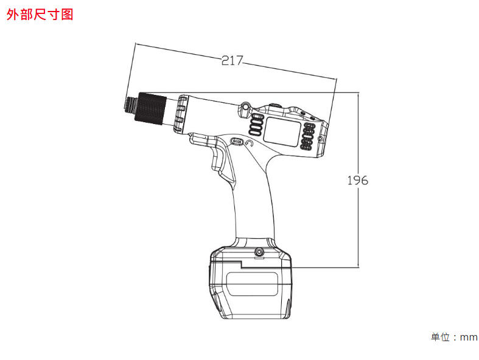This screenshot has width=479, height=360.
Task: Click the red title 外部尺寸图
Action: pyautogui.click(x=40, y=15)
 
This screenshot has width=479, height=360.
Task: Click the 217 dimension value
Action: pyautogui.click(x=232, y=60)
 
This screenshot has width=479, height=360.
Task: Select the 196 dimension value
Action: pyautogui.click(x=358, y=181)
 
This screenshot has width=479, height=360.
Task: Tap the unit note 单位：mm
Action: pyautogui.click(x=454, y=337)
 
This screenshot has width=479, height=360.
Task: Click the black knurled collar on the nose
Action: pyautogui.click(x=152, y=108)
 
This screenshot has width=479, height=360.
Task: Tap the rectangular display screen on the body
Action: pyautogui.click(x=282, y=131)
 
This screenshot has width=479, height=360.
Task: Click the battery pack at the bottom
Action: pyautogui.click(x=250, y=283)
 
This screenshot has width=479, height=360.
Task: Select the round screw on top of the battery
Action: pyautogui.click(x=259, y=252)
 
